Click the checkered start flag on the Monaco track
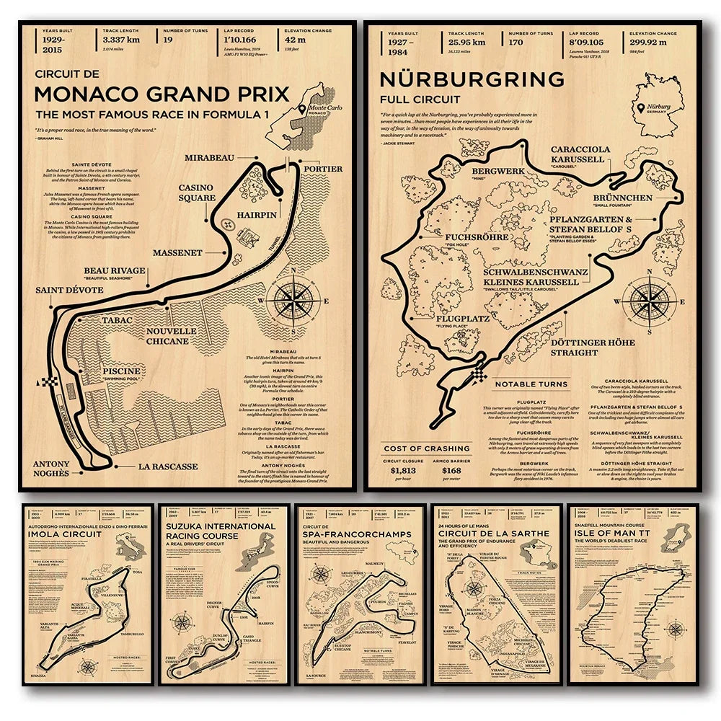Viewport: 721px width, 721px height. click(50, 383)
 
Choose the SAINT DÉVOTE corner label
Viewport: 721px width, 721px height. click(69, 290)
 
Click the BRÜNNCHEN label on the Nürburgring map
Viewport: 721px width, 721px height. click(623, 197)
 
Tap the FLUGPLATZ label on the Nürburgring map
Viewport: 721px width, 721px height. click(462, 318)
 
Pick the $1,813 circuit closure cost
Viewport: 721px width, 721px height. click(402, 470)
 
